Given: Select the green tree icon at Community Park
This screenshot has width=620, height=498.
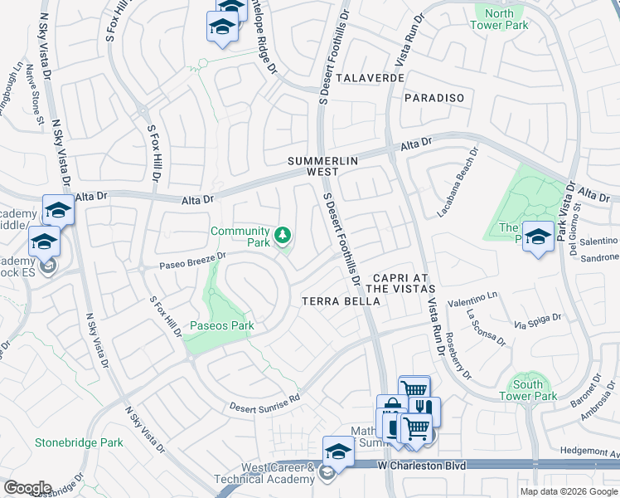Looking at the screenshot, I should tap(283, 237).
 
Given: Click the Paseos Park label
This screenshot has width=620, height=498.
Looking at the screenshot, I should tap(222, 325).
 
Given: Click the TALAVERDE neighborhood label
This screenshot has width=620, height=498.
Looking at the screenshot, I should tap(370, 77).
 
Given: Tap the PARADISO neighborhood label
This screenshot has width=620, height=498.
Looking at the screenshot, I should tap(435, 98).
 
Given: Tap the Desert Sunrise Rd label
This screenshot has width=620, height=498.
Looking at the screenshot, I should tap(264, 403).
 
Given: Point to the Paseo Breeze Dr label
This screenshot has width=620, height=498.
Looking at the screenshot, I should tap(193, 261).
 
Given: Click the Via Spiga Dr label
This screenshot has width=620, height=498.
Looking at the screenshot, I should tap(538, 320).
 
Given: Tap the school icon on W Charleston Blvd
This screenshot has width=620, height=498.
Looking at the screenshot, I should tap(338, 452).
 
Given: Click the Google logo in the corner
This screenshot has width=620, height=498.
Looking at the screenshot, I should tap(27, 488).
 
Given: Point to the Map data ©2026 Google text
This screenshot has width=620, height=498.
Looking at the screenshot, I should tap(568, 491).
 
